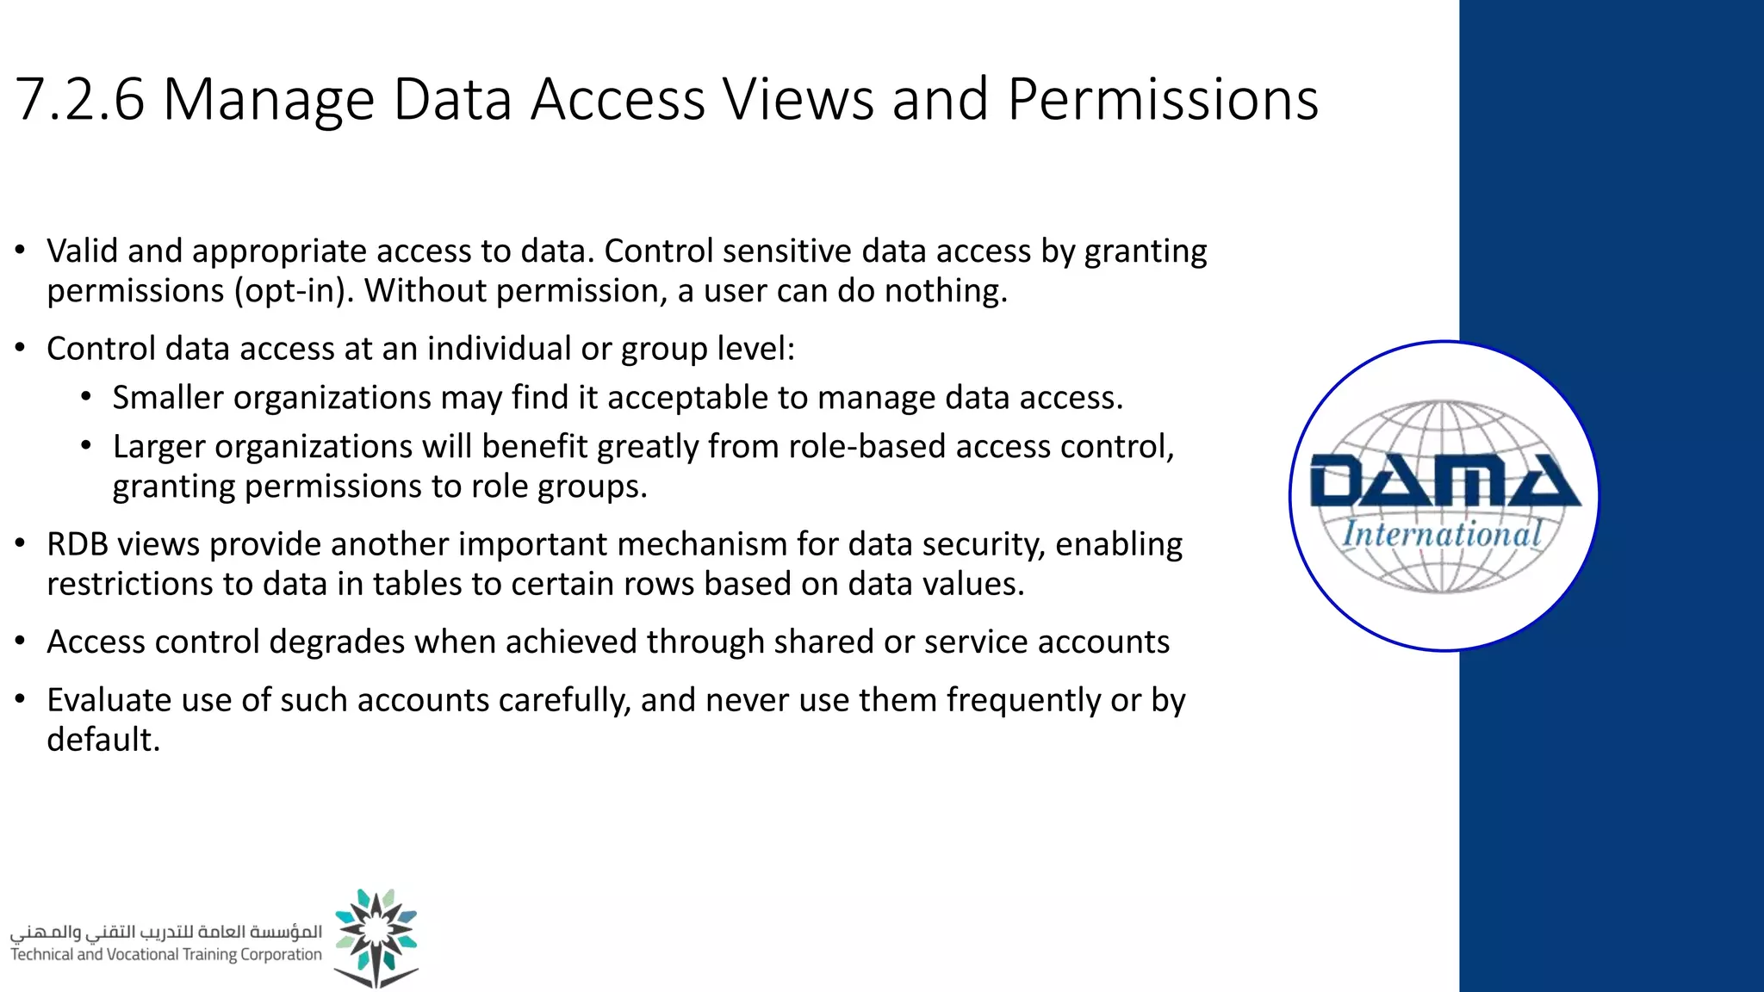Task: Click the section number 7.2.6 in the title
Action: point(79,100)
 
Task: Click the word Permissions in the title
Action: point(1162,100)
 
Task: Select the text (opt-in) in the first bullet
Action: point(294,291)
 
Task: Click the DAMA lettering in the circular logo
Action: point(1444,482)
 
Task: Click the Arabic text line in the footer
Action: point(165,932)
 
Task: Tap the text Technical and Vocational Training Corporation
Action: point(165,954)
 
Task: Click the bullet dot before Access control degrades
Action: point(21,642)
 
